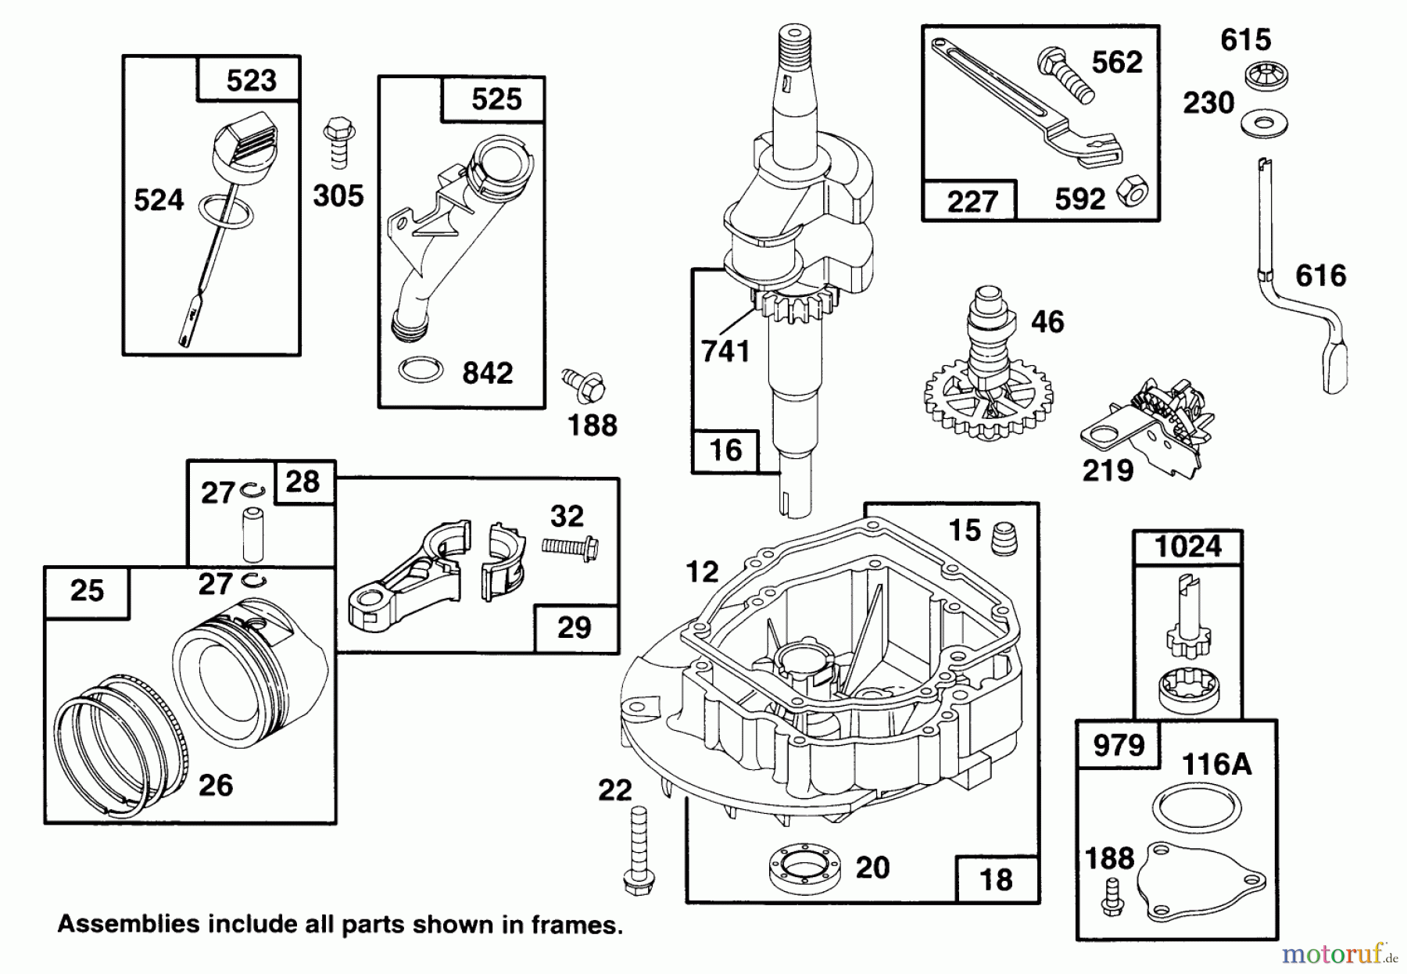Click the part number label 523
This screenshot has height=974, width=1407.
pos(251,81)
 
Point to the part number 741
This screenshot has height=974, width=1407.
pos(725,351)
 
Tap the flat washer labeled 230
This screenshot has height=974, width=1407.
pos(1265,124)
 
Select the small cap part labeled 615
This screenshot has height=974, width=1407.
pos(1266,77)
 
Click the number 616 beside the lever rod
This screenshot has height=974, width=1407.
pos(1321,276)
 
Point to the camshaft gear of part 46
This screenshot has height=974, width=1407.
pos(987,404)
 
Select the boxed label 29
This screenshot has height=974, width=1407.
pos(575,628)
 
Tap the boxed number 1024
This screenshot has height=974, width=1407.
pos(1187,546)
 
